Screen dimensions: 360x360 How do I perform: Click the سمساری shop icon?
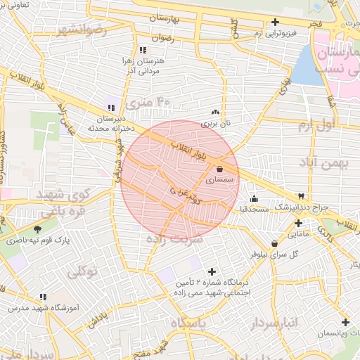pos(221,169)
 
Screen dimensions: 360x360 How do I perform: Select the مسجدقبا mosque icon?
pos(253,199)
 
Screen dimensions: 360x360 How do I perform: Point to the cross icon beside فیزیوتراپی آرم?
pos(275,22)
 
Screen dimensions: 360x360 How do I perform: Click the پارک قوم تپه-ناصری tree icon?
pos(37,229)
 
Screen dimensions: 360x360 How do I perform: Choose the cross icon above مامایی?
pos(298,223)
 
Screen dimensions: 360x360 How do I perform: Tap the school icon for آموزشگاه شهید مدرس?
pos(43,297)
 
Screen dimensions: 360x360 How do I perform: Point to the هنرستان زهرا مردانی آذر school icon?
pos(143,50)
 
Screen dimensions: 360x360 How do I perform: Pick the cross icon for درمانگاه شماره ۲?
pos(212,271)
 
